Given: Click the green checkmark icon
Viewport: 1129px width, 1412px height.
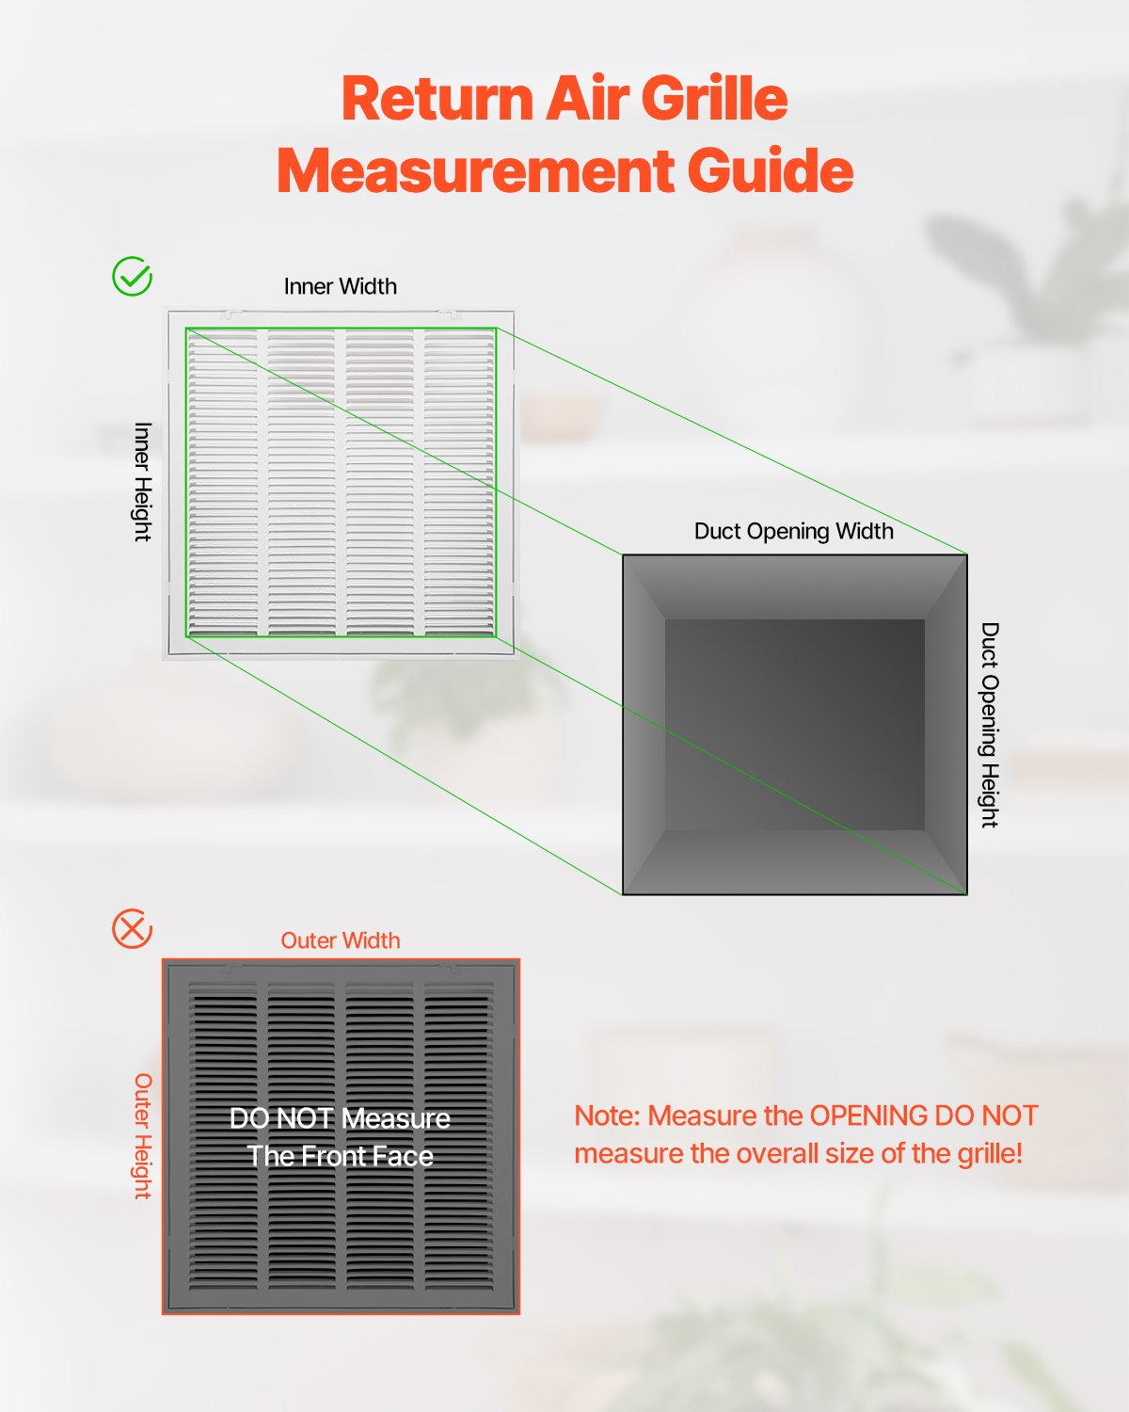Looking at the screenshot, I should click(x=133, y=277).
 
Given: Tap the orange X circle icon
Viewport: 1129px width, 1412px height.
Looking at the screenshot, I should click(x=133, y=929).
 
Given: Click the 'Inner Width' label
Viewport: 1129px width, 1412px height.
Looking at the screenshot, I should click(x=341, y=286).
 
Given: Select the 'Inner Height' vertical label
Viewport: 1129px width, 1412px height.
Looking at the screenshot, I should click(x=142, y=482).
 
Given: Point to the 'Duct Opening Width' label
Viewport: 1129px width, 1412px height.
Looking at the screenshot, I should click(x=794, y=531).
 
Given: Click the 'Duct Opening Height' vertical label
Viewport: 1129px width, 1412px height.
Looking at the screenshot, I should click(x=989, y=725).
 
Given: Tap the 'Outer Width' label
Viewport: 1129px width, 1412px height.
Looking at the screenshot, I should click(x=341, y=940).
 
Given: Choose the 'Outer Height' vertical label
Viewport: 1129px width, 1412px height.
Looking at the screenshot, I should click(x=142, y=1136).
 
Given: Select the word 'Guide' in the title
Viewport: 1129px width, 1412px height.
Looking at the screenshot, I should click(x=770, y=171).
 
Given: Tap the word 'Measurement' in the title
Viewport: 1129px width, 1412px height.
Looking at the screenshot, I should click(x=475, y=171).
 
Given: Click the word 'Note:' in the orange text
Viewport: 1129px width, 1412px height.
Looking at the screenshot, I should click(x=608, y=1115).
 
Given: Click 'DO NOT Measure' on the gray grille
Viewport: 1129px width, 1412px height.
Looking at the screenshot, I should click(x=340, y=1118).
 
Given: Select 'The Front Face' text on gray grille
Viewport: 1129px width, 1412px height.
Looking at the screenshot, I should click(x=340, y=1156).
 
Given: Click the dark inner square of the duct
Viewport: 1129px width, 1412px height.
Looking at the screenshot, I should click(x=795, y=725).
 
